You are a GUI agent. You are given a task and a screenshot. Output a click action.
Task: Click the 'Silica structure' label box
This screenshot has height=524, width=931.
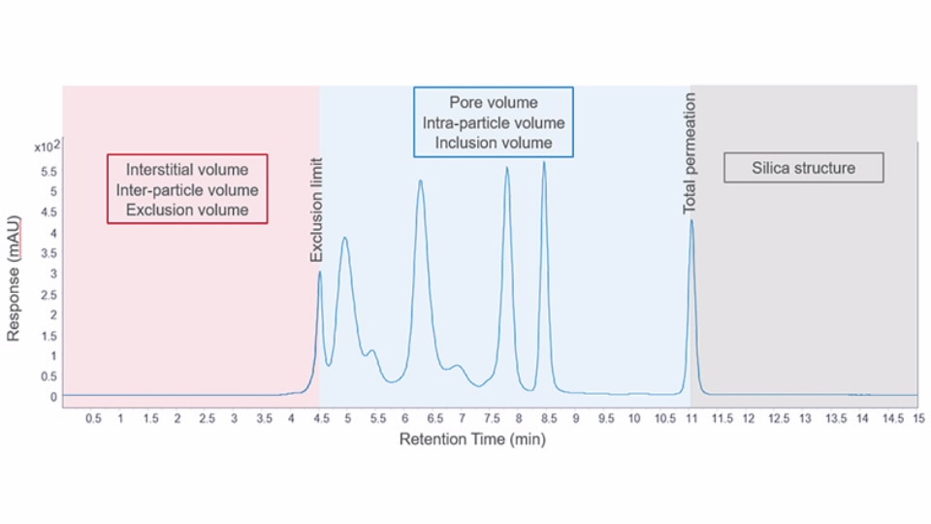(x=803, y=168)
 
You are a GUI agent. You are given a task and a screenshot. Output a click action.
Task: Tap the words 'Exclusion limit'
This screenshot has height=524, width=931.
(x=316, y=211)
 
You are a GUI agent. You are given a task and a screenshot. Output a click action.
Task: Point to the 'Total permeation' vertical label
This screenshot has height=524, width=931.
(x=690, y=153)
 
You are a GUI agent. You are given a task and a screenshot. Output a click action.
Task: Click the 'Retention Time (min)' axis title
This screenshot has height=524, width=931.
(x=472, y=440)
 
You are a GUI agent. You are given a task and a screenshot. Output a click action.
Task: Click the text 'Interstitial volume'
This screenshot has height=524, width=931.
(x=187, y=170)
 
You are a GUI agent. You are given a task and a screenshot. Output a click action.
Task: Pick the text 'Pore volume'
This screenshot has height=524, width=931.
(x=493, y=103)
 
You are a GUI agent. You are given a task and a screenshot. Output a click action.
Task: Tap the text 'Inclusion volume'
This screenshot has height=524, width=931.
(x=493, y=143)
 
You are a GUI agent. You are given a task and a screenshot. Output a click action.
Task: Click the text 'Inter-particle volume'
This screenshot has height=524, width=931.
(x=187, y=190)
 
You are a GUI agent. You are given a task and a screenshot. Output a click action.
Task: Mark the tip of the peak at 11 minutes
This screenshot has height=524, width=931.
(x=691, y=220)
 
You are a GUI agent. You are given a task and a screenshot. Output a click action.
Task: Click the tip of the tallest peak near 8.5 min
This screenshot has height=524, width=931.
(x=544, y=162)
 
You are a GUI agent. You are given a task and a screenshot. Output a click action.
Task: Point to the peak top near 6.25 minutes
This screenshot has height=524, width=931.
(x=420, y=180)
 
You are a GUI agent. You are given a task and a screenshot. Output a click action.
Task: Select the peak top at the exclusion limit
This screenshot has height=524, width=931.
(x=320, y=272)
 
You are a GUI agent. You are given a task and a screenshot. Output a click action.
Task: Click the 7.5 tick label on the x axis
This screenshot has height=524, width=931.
(x=491, y=418)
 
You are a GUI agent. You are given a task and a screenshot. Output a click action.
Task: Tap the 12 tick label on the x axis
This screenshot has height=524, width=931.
(x=748, y=418)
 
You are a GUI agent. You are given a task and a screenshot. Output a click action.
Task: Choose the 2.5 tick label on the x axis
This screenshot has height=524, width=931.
(x=206, y=418)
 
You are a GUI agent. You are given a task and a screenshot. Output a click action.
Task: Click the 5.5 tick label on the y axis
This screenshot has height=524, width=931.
(x=48, y=171)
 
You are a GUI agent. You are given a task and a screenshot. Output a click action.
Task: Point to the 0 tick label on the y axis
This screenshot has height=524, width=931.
(x=54, y=397)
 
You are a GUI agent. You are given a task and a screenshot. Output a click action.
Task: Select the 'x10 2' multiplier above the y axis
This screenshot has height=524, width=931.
(x=48, y=147)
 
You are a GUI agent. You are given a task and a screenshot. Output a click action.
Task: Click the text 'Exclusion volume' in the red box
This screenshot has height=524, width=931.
(x=187, y=210)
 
